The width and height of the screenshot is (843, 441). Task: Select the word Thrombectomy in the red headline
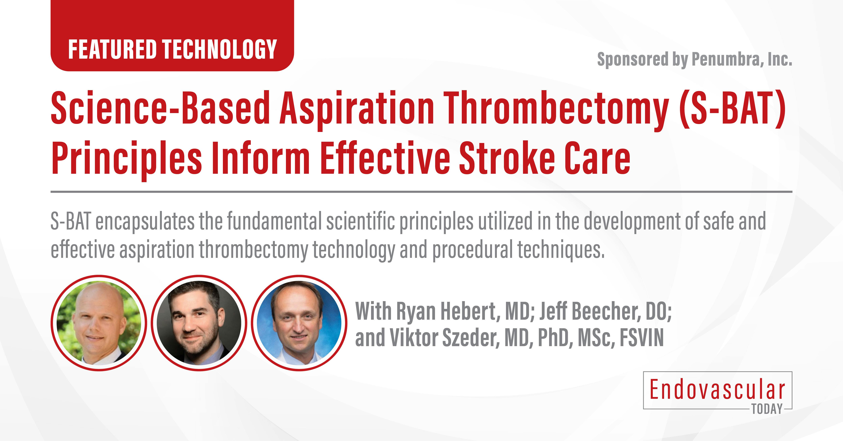(x=556, y=109)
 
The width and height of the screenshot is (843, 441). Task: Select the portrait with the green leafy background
(x=99, y=323)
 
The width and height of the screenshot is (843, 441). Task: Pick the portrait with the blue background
(x=299, y=323)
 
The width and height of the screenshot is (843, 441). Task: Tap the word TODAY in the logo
(x=767, y=409)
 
